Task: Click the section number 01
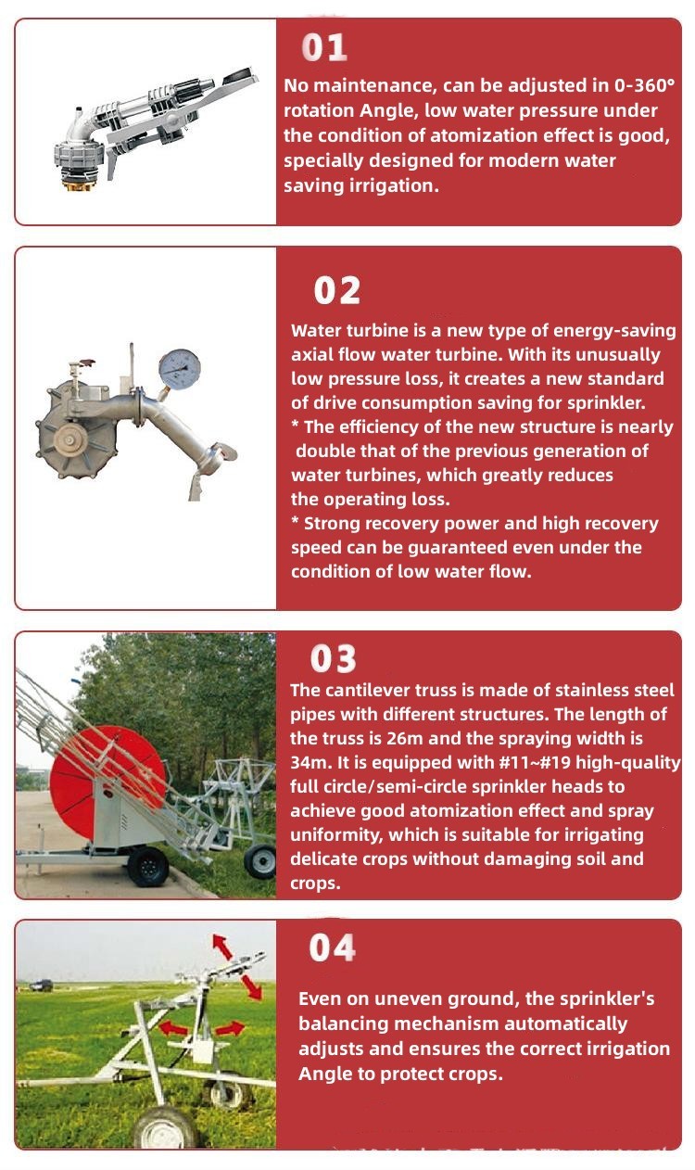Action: (324, 47)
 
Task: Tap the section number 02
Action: (336, 290)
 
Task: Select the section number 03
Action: (333, 658)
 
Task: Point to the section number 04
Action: (332, 947)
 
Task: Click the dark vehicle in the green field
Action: (42, 986)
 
